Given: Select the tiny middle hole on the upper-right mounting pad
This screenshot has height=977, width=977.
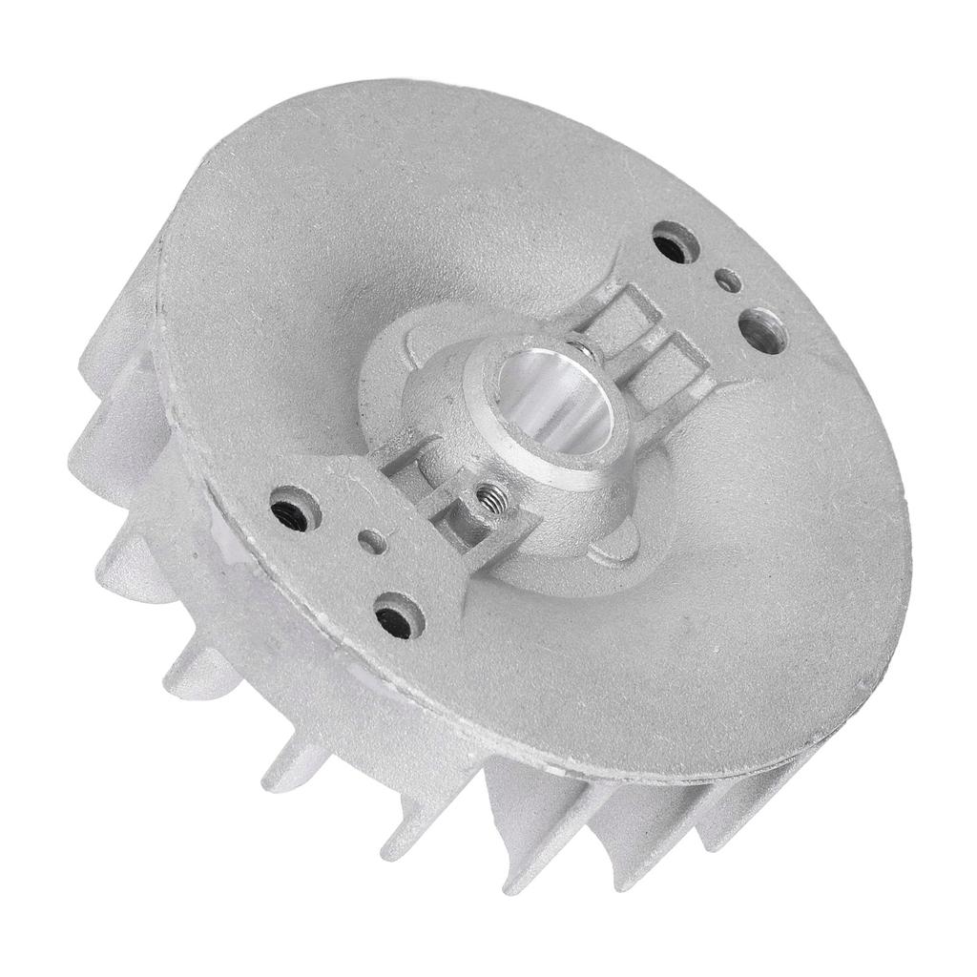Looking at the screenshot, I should click(x=727, y=281).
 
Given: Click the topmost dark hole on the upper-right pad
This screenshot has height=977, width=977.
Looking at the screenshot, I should click(x=676, y=242).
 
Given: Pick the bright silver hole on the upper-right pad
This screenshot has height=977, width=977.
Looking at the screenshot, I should click(x=762, y=329).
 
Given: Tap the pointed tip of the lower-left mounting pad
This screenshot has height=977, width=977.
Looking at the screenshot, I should click(x=458, y=610).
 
